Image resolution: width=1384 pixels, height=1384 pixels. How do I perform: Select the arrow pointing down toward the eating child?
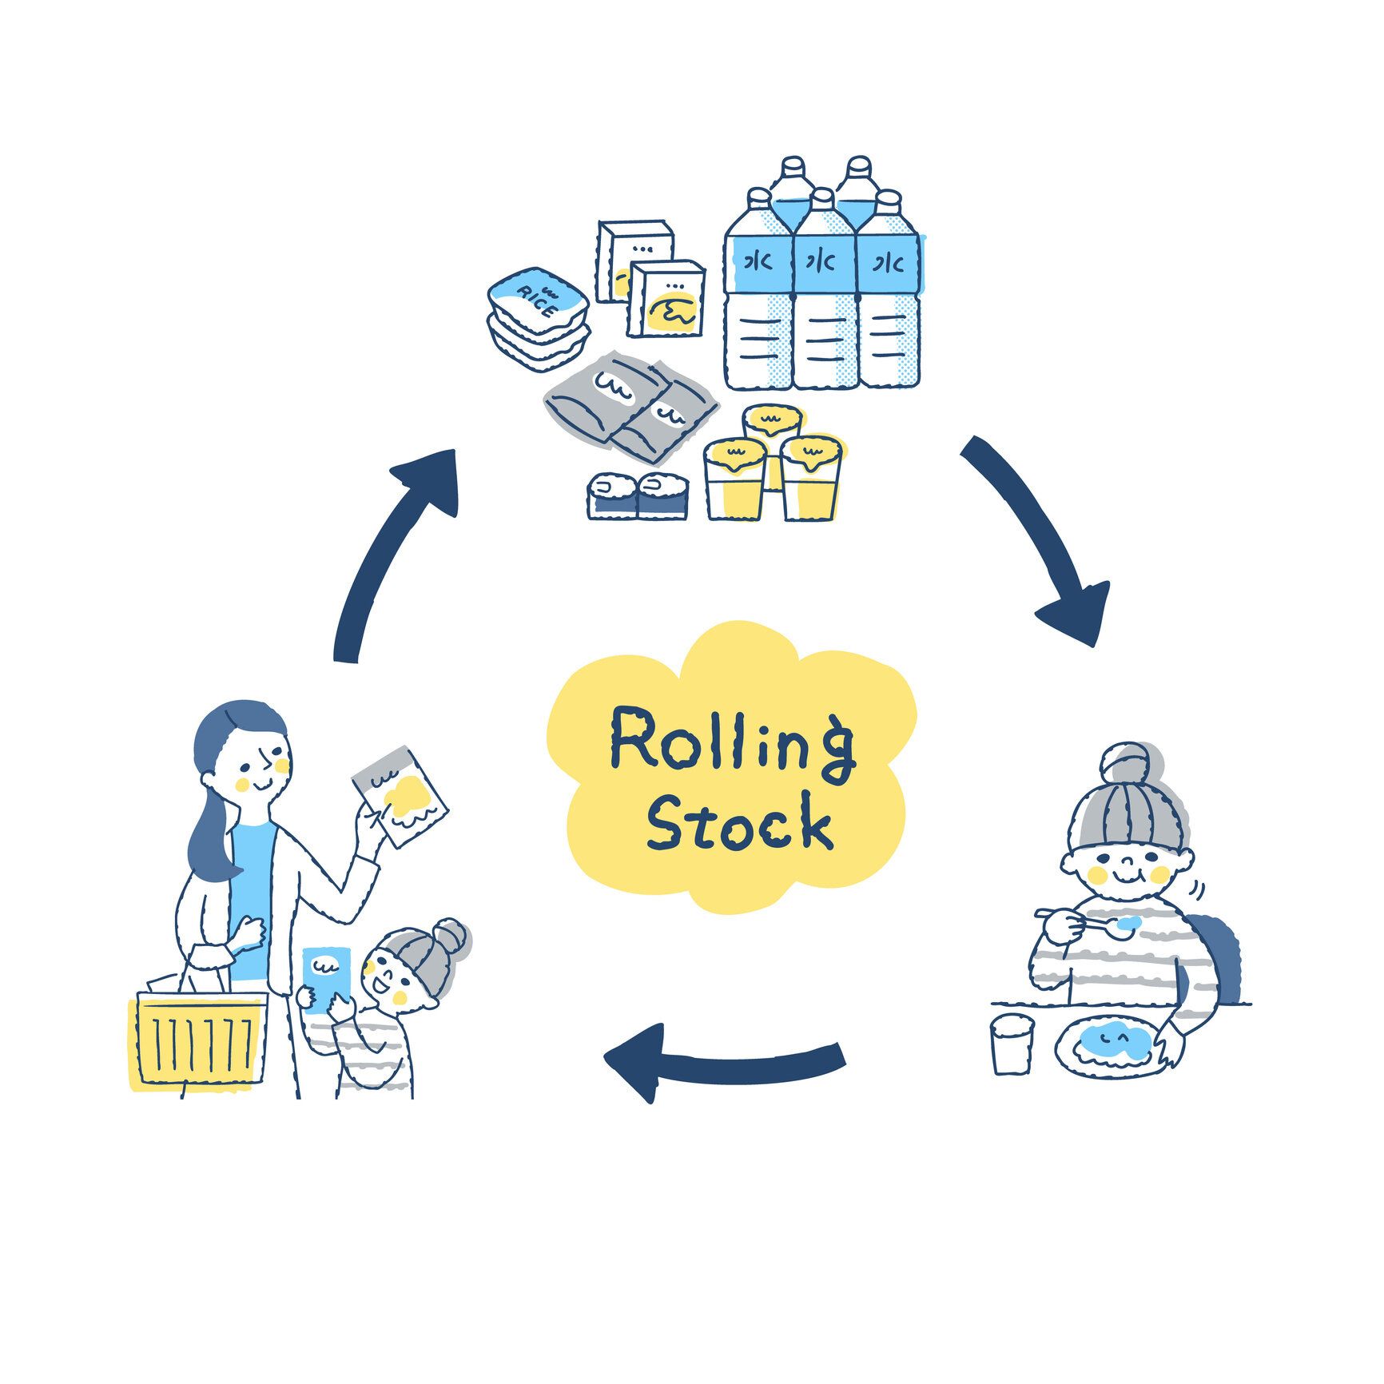[x=1039, y=543]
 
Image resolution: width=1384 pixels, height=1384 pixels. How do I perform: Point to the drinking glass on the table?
[x=1012, y=1043]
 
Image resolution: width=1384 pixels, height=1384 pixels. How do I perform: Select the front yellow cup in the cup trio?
[x=730, y=479]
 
